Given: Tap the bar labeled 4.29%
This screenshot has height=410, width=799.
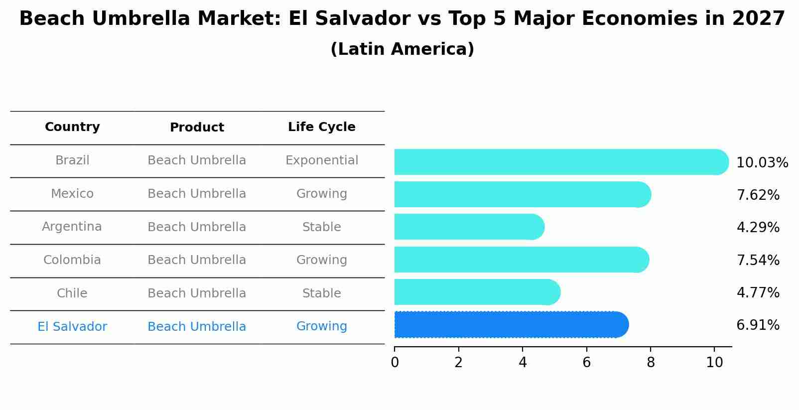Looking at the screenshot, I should pyautogui.click(x=468, y=227).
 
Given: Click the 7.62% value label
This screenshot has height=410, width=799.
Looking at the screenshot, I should pyautogui.click(x=758, y=195).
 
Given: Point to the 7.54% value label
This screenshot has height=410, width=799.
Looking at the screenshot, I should pyautogui.click(x=758, y=260).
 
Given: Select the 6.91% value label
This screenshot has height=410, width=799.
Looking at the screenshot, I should pyautogui.click(x=758, y=325).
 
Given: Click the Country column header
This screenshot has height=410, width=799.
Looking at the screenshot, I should pyautogui.click(x=72, y=127).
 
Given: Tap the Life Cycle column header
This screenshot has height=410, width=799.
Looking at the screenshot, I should pyautogui.click(x=321, y=127).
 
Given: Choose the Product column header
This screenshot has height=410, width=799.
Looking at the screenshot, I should pyautogui.click(x=197, y=128).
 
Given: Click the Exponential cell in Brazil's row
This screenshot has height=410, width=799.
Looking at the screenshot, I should pyautogui.click(x=321, y=160).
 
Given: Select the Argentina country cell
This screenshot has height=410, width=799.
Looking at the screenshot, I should pyautogui.click(x=72, y=227).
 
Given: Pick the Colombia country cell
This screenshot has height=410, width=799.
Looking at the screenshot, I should pyautogui.click(x=72, y=260).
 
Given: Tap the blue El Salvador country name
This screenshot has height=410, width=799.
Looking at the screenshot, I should pyautogui.click(x=72, y=327).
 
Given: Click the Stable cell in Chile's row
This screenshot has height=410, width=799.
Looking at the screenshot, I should pyautogui.click(x=321, y=293).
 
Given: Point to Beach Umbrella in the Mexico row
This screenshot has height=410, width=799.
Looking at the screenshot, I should pyautogui.click(x=197, y=194).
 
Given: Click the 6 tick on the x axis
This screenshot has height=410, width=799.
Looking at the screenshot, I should pyautogui.click(x=586, y=362).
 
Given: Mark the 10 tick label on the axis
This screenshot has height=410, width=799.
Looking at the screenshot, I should pyautogui.click(x=714, y=362).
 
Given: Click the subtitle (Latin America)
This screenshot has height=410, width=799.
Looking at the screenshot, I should pyautogui.click(x=402, y=49).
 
